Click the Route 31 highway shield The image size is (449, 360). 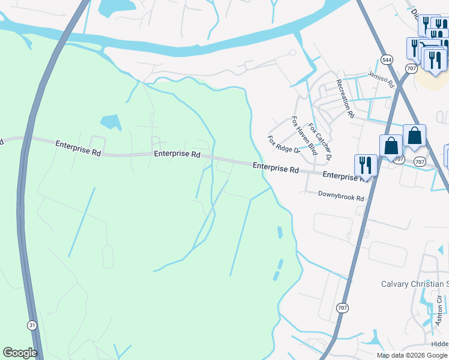click(x=31, y=324)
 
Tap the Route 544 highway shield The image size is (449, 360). click(x=387, y=59)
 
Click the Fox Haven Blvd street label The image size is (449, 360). click(x=304, y=136)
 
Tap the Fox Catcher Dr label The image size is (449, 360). click(x=319, y=142)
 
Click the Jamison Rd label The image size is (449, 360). click(x=380, y=77)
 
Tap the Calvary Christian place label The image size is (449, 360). click(x=415, y=284)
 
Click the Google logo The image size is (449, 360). click(x=20, y=353)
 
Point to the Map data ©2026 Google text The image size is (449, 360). click(x=412, y=355)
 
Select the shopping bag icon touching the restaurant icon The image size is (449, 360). click(x=391, y=146)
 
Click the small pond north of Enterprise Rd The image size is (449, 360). click(x=110, y=122)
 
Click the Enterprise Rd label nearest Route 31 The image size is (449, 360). click(x=78, y=148)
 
